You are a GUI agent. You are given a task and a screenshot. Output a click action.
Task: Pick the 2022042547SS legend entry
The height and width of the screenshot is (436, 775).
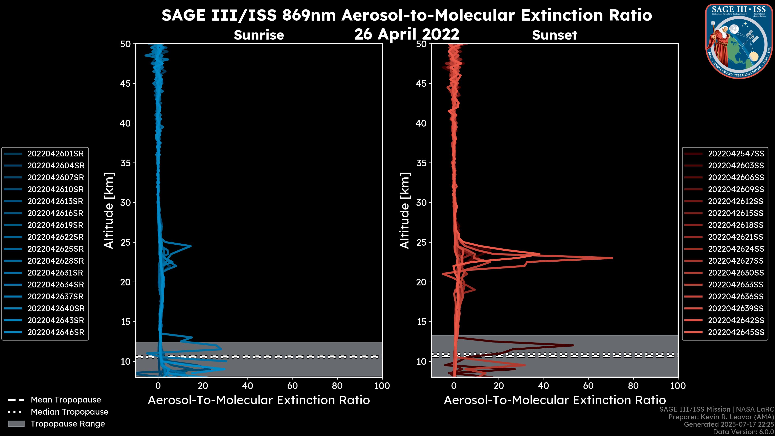pos(736,154)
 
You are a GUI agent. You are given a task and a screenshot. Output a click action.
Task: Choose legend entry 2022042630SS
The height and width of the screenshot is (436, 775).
pos(736,273)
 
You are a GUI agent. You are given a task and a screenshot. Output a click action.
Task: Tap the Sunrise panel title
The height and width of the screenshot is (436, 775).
pos(259,35)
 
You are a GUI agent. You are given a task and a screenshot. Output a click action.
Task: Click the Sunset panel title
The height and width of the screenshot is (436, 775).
pos(554,35)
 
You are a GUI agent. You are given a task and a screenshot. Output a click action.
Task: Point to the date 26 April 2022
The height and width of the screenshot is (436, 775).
pos(407,34)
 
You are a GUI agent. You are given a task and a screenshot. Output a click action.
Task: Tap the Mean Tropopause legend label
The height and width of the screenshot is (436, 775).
pos(66,400)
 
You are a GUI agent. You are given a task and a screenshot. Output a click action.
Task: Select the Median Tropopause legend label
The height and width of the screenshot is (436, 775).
pos(69,412)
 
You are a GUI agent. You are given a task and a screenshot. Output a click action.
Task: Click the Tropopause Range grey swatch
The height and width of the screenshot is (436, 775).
pos(16,424)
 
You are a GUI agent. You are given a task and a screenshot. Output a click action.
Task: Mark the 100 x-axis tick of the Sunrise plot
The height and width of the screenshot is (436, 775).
pos(382,386)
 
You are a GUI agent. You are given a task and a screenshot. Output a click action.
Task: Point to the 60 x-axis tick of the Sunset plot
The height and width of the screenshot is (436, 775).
pos(588,386)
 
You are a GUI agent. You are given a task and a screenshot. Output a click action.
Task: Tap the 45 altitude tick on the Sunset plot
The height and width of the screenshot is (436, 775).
pos(421,84)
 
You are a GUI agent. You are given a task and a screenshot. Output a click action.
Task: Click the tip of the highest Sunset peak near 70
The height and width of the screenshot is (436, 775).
pos(612,258)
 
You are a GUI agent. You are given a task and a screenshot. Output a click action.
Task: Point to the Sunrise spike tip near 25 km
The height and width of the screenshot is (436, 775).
pos(191,246)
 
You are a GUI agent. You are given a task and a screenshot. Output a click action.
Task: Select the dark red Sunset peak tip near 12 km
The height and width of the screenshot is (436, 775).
pos(573,345)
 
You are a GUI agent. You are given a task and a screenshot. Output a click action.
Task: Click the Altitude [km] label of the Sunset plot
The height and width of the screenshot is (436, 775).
pos(405,211)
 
